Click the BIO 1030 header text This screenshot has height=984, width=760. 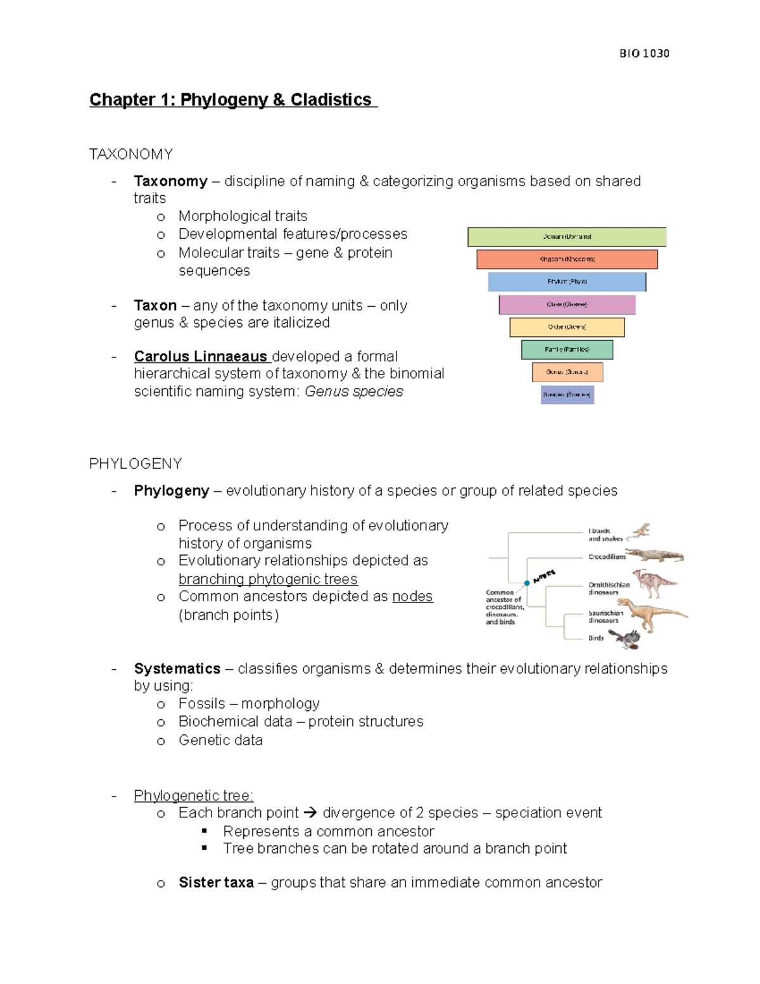(644, 53)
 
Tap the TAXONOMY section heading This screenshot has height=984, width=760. (131, 154)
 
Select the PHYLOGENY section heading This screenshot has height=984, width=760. (136, 464)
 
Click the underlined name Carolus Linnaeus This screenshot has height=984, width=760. (200, 356)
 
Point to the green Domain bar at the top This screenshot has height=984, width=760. (567, 236)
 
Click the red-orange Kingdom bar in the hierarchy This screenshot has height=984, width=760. (567, 259)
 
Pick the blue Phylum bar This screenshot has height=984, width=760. (567, 282)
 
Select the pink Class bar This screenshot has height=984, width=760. (567, 305)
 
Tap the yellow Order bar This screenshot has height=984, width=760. (567, 327)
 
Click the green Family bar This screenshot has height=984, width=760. (567, 350)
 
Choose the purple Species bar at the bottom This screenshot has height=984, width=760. (567, 395)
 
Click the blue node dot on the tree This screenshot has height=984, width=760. (527, 583)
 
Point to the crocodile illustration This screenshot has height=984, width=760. (655, 556)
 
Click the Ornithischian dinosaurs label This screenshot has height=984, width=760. (609, 589)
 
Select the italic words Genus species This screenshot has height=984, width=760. (353, 392)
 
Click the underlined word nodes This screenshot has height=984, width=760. (412, 596)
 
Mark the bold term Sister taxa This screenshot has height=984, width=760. (216, 883)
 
